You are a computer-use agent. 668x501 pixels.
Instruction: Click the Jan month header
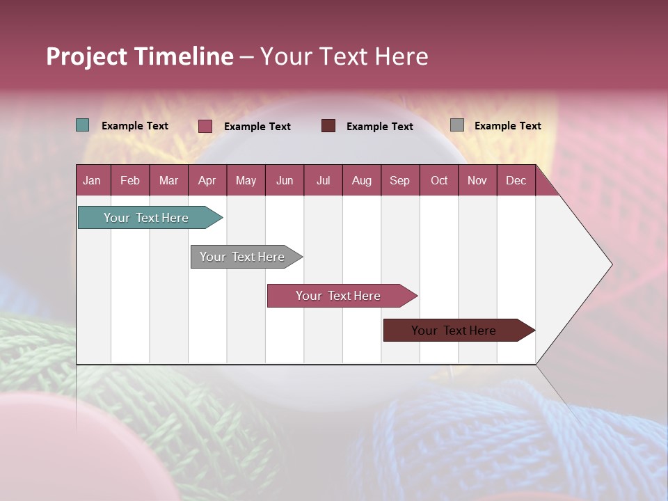click(93, 181)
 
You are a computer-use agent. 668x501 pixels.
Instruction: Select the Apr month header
click(207, 181)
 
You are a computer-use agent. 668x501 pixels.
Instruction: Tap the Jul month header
click(323, 181)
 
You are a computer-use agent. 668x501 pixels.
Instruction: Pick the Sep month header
click(400, 181)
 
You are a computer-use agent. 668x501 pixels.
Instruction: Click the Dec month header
click(516, 181)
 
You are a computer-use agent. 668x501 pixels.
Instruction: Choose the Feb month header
click(130, 181)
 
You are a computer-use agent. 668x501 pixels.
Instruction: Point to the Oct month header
click(439, 181)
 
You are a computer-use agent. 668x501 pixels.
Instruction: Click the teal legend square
click(83, 125)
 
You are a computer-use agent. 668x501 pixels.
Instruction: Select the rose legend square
click(205, 126)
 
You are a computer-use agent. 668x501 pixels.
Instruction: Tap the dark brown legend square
click(328, 125)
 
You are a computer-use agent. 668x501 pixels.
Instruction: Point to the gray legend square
click(457, 125)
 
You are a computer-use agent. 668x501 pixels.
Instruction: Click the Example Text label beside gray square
click(507, 126)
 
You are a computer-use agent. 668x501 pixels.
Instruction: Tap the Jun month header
click(285, 181)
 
